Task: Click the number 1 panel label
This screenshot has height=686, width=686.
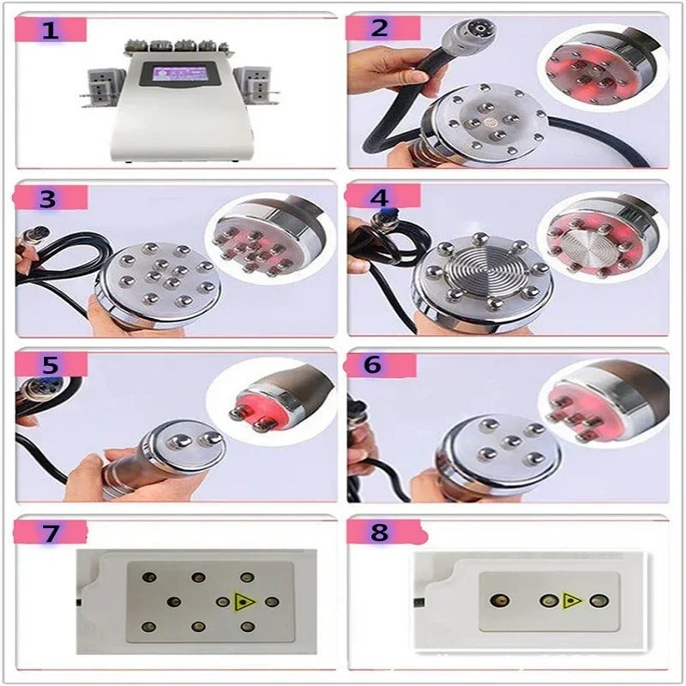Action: [51, 32]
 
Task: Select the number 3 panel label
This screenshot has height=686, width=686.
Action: [48, 199]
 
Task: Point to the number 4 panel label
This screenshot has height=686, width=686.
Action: [380, 197]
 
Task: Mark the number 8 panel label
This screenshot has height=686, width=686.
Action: [380, 532]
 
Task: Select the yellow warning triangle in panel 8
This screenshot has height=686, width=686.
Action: [571, 600]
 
